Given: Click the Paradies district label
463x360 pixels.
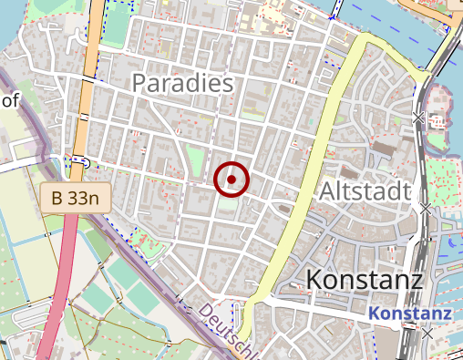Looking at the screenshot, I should point(183,83).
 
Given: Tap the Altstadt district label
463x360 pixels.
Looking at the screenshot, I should point(365,190).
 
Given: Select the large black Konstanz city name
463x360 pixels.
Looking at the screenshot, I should point(365,278).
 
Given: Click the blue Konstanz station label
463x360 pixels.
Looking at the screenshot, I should point(410,314).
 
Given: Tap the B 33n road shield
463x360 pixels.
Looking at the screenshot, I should point(75,196).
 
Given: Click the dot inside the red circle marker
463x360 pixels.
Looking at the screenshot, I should point(231,180).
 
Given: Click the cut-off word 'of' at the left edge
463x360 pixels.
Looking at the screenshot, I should point(9,100).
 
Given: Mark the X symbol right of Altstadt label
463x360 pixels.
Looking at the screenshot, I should point(426,209).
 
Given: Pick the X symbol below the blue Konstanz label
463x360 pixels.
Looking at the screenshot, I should point(428,335).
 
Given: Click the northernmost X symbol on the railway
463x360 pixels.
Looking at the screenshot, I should point(418,118).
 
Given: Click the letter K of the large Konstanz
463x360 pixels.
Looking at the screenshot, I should point(316,278).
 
